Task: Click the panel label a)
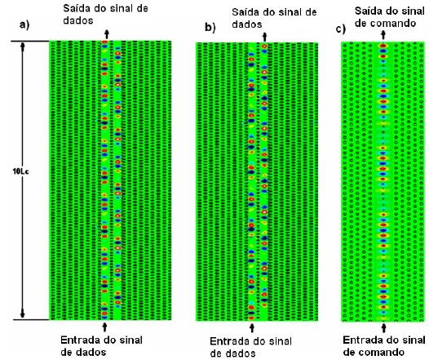24,25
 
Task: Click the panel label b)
210,28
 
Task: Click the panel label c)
341,29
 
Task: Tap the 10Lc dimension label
20,171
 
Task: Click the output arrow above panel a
107,34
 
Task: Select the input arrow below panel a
104,327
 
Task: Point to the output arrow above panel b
264,37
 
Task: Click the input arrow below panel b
252,327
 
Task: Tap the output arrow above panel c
383,35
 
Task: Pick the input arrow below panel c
384,327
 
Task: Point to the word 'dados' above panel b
247,24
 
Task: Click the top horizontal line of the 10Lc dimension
30,42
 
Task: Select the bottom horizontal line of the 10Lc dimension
31,319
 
